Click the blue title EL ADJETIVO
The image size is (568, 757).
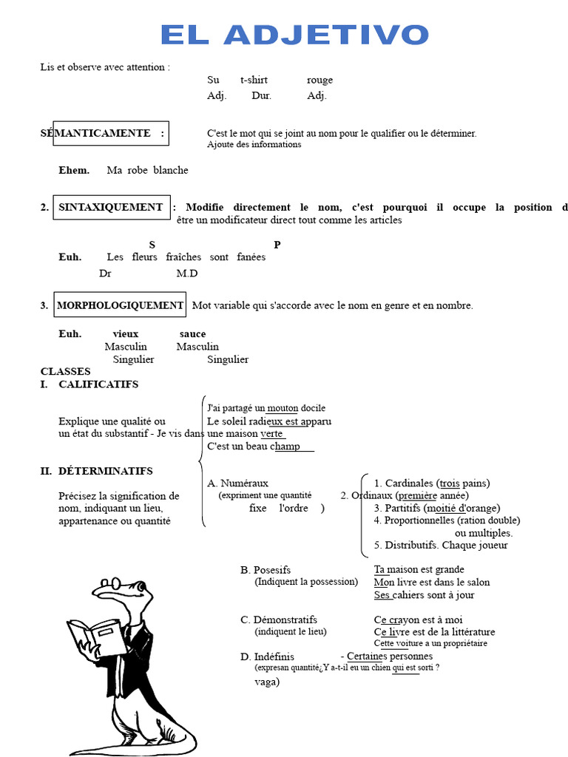click(294, 35)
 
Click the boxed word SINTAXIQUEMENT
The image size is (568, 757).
click(111, 208)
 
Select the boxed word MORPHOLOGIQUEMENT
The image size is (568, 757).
click(121, 305)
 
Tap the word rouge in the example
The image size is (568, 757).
click(319, 80)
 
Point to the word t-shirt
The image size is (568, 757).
click(254, 80)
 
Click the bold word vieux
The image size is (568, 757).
click(126, 334)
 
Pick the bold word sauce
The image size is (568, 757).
click(192, 334)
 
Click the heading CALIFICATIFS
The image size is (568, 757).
click(98, 384)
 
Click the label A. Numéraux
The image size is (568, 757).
click(238, 483)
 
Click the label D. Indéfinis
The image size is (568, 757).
click(267, 656)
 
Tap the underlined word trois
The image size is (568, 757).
click(449, 483)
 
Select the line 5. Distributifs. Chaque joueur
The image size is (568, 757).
click(441, 546)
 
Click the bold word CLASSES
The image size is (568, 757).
click(66, 372)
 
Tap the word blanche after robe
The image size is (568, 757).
click(171, 171)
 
